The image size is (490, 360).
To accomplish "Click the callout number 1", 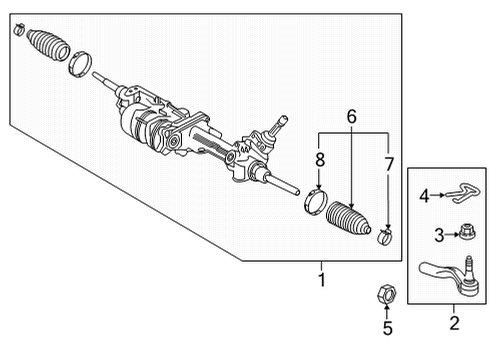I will (321, 280).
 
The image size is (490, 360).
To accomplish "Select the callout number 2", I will (453, 322).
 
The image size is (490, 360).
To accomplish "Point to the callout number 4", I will (424, 197).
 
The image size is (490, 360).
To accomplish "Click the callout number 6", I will (351, 118).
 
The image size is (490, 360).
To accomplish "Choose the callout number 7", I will (388, 163).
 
